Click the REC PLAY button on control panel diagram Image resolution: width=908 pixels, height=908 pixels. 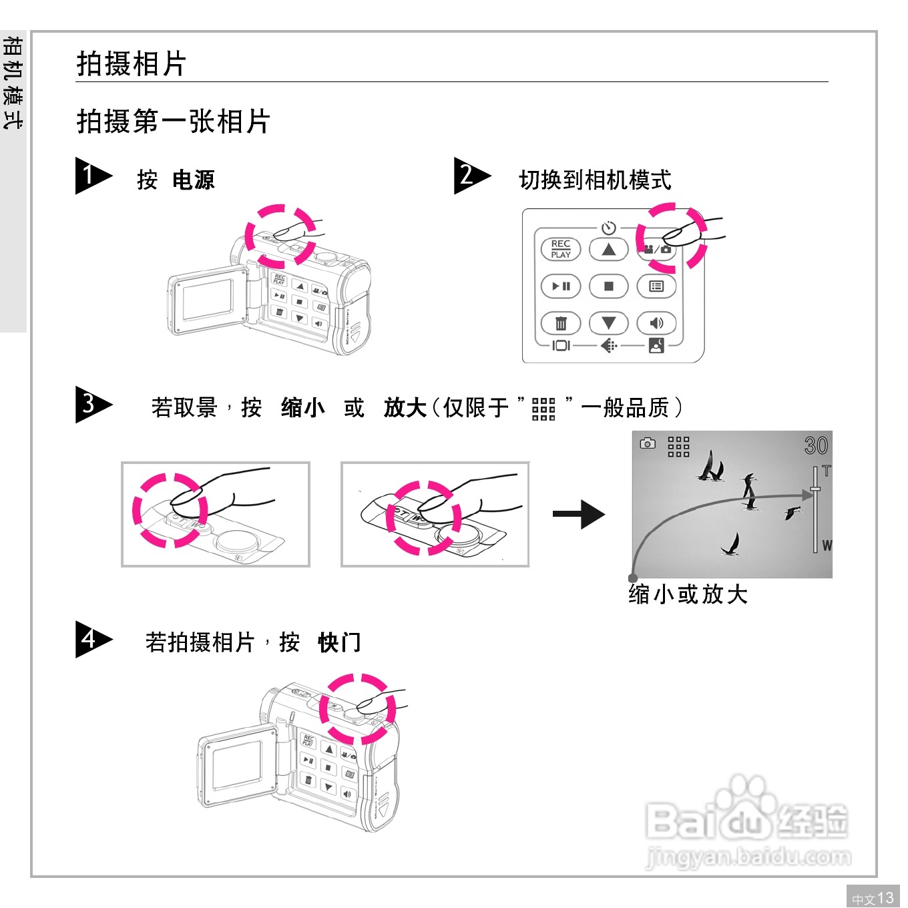tap(561, 249)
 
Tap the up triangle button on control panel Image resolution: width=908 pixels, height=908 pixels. tap(608, 250)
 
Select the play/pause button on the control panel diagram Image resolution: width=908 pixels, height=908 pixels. tap(561, 286)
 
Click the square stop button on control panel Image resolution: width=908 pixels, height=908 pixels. tap(608, 286)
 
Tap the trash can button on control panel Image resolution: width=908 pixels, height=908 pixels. tap(561, 324)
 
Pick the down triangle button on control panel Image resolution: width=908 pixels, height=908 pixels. tap(608, 324)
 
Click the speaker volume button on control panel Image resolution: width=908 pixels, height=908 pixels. tap(656, 323)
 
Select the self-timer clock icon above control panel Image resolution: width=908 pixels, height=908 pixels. tap(608, 228)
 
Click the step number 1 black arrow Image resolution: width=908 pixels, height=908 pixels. tap(92, 176)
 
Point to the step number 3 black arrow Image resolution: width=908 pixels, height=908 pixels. tap(92, 404)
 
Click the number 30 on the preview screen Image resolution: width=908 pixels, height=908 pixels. tap(816, 446)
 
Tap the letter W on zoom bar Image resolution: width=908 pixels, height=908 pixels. tap(827, 545)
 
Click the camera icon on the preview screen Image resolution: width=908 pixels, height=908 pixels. tap(648, 443)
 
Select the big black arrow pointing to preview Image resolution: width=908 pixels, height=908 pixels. tap(578, 514)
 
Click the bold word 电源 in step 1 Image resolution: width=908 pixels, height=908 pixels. tap(194, 180)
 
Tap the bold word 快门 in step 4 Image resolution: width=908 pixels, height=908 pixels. tap(340, 642)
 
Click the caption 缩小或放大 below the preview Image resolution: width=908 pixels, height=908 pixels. tap(688, 594)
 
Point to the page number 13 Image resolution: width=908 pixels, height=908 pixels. tap(885, 898)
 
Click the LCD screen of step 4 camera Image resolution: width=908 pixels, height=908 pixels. tap(236, 765)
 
